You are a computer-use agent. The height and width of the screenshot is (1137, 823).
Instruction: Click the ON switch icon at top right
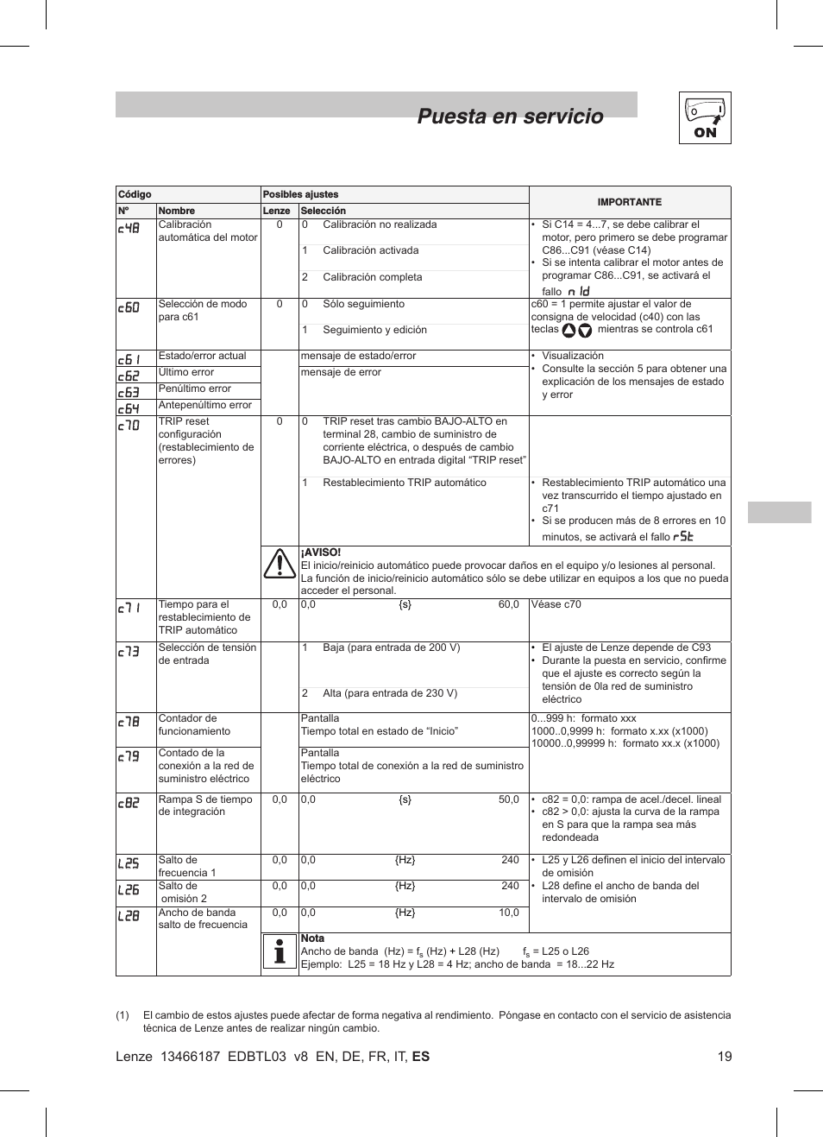pyautogui.click(x=705, y=117)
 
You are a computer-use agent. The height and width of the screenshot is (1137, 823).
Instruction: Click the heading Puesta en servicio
pyautogui.click(x=510, y=117)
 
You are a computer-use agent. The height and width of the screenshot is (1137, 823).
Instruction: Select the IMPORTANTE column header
pyautogui.click(x=629, y=202)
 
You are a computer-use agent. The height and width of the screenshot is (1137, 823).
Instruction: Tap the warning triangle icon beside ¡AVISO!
pyautogui.click(x=280, y=564)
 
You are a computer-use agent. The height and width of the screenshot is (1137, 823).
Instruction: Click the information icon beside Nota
pyautogui.click(x=279, y=951)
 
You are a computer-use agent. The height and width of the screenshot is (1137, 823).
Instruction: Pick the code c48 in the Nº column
pyautogui.click(x=129, y=229)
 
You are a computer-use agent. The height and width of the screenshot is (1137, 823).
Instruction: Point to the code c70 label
pyautogui.click(x=129, y=425)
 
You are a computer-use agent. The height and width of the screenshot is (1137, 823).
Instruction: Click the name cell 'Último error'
pyautogui.click(x=186, y=372)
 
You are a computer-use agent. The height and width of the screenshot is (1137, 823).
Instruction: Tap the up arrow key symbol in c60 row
pyautogui.click(x=569, y=330)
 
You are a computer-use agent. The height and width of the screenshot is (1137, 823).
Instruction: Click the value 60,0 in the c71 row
pyautogui.click(x=508, y=604)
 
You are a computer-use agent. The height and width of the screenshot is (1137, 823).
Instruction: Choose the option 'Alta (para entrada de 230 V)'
pyautogui.click(x=390, y=693)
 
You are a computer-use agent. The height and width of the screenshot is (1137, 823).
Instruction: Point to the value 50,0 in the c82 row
pyautogui.click(x=508, y=799)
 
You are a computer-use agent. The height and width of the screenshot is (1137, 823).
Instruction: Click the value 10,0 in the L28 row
pyautogui.click(x=508, y=913)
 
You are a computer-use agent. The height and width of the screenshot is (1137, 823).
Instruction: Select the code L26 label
pyautogui.click(x=129, y=889)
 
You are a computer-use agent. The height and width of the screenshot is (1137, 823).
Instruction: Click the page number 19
pyautogui.click(x=724, y=1056)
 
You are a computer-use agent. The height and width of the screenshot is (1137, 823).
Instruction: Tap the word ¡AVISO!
pyautogui.click(x=320, y=553)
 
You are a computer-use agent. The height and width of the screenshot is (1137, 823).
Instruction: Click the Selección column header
pyautogui.click(x=323, y=211)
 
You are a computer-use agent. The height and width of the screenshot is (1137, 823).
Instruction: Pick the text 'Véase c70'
pyautogui.click(x=556, y=604)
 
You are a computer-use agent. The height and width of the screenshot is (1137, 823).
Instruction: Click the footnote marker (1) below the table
pyautogui.click(x=123, y=1015)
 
